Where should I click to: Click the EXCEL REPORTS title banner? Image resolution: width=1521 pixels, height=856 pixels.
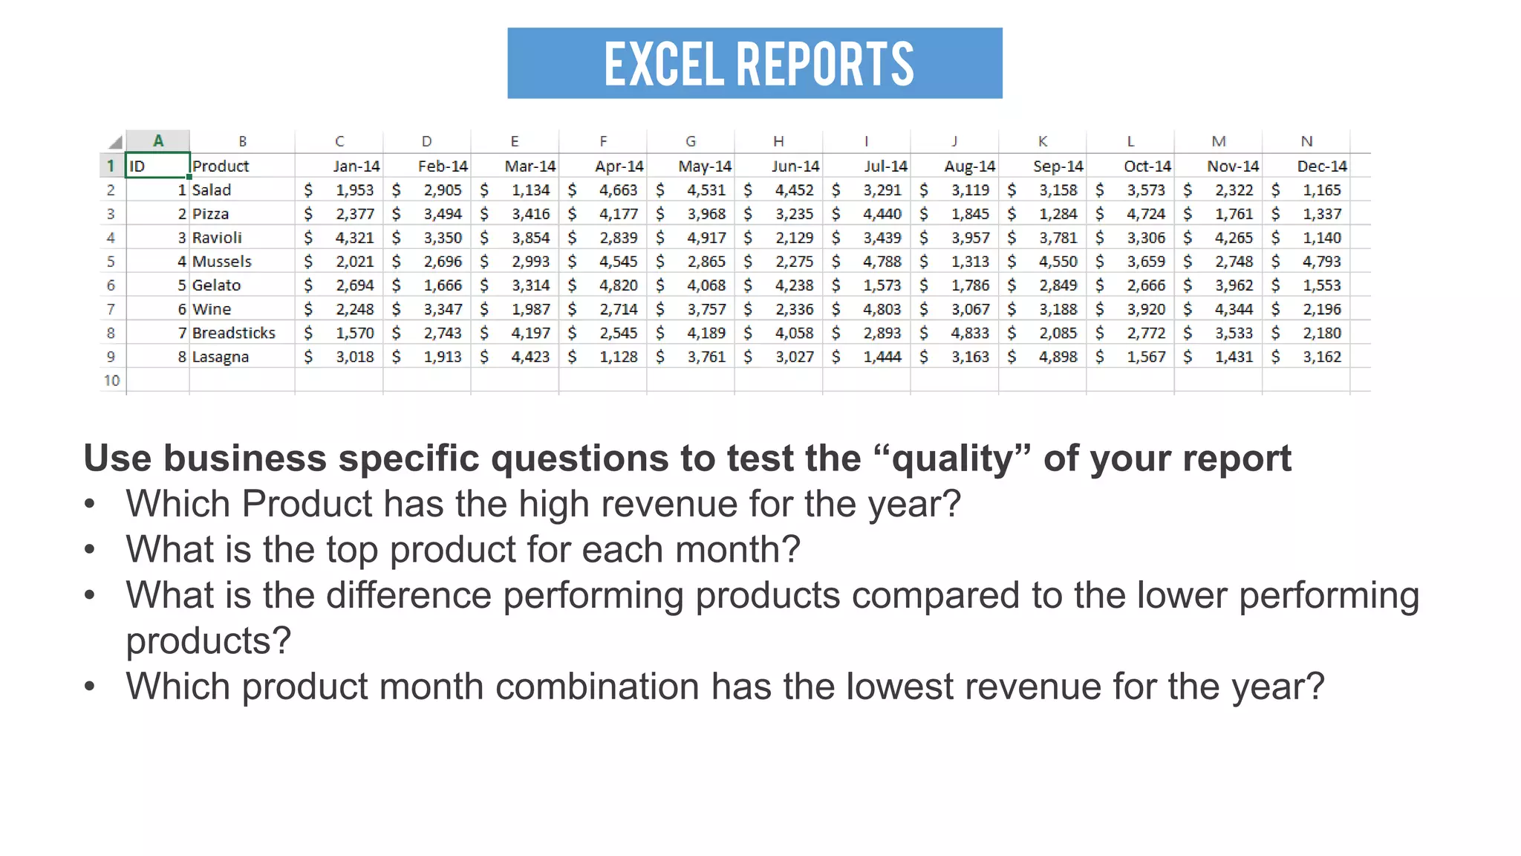tap(755, 63)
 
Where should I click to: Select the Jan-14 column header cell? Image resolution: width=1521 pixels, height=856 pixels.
tap(356, 166)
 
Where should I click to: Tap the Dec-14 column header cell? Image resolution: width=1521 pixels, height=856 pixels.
tap(1321, 166)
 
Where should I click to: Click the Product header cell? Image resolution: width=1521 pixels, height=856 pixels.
tap(221, 166)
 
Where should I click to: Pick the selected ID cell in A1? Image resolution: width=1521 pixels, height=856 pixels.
tap(157, 166)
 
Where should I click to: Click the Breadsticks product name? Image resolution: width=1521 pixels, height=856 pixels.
tap(233, 333)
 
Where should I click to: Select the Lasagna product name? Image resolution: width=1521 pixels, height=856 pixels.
tap(220, 357)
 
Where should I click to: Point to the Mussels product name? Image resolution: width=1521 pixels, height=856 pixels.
tap(221, 262)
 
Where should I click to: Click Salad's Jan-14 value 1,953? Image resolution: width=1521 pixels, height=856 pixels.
tap(354, 190)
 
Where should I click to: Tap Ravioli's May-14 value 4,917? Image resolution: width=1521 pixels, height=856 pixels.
tap(706, 238)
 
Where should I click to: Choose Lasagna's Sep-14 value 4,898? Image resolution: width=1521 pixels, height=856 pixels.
tap(1058, 357)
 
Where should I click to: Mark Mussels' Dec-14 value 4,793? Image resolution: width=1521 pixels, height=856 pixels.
tap(1321, 262)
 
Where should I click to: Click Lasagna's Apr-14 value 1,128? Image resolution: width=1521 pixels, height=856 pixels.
tap(618, 357)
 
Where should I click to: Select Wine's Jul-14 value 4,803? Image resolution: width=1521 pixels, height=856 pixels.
tap(882, 309)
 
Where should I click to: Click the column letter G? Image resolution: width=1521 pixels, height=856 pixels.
tap(691, 141)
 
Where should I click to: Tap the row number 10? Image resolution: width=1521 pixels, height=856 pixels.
tap(111, 380)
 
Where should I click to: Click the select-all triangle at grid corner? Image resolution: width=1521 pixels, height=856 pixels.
tap(115, 142)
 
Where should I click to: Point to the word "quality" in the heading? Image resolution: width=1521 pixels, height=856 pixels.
tap(953, 458)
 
